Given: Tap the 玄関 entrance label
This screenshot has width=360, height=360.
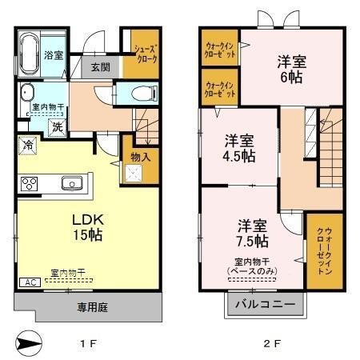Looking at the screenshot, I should [100, 67].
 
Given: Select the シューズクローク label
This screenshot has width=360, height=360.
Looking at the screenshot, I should [137, 54].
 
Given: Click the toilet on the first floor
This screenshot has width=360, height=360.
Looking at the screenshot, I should [142, 93].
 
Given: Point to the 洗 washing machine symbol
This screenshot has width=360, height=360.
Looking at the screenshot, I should [58, 126].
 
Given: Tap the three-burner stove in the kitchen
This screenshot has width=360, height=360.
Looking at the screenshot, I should [30, 184].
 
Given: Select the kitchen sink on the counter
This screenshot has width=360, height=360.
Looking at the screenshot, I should [71, 183].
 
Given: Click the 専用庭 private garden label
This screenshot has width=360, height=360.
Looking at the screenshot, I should [92, 306].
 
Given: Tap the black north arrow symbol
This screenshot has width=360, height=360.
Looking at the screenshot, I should [26, 343].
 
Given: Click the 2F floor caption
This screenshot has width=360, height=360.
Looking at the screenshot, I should [273, 344].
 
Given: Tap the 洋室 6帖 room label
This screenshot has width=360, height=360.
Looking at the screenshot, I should [290, 69].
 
